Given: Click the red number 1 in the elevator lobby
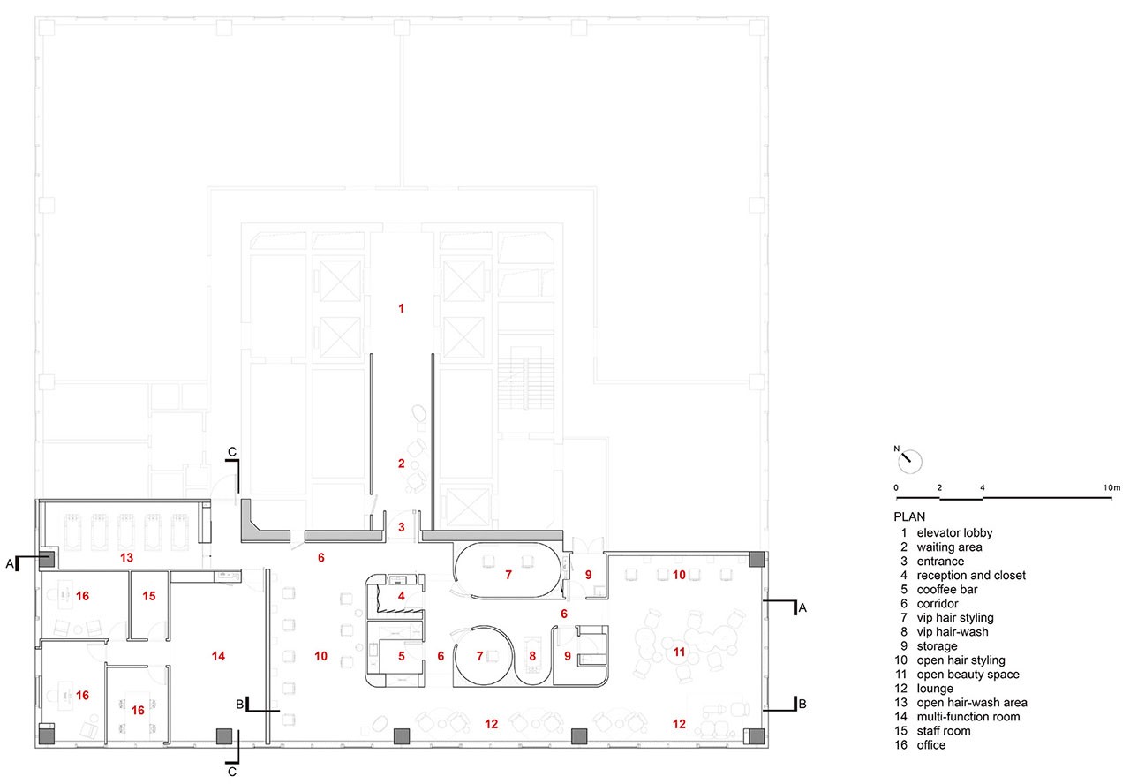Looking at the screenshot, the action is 401,308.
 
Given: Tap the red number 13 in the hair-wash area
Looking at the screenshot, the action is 126,557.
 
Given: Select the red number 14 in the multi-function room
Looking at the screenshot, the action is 218,656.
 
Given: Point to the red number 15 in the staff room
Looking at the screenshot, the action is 149,596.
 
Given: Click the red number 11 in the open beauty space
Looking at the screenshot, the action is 679,652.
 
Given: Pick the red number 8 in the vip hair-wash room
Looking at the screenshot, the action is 532,656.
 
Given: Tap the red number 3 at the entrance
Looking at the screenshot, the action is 402,527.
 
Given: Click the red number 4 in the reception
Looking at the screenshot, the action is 402,596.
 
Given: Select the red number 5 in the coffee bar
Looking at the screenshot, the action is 402,656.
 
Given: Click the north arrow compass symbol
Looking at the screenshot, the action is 910,462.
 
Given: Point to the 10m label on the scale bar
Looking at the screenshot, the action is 1111,488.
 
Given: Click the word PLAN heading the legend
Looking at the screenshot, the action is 909,516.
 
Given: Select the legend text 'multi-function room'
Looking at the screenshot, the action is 968,716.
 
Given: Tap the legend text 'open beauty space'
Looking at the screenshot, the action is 968,674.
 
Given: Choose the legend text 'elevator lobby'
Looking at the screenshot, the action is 954,532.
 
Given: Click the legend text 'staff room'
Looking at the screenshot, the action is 944,730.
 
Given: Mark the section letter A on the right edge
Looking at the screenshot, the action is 802,608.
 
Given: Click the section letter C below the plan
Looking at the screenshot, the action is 232,772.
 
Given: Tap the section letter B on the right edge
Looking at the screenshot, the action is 802,704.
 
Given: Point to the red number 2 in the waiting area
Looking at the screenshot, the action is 401,464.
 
